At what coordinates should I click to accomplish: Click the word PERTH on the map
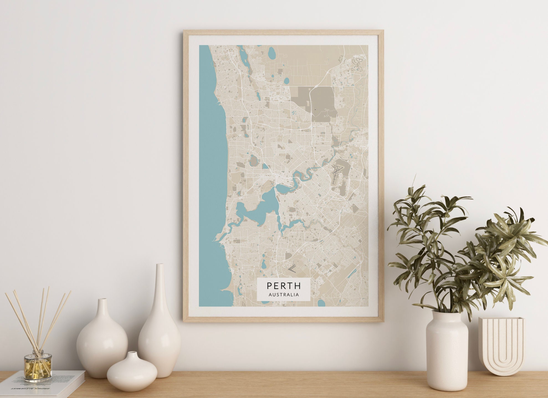coord(284,285)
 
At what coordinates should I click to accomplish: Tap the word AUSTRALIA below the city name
coord(284,294)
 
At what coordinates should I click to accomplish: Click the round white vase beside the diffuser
coord(102,340)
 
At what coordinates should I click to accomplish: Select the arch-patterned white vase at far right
coord(501,346)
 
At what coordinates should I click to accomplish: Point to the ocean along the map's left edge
coord(211,166)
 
